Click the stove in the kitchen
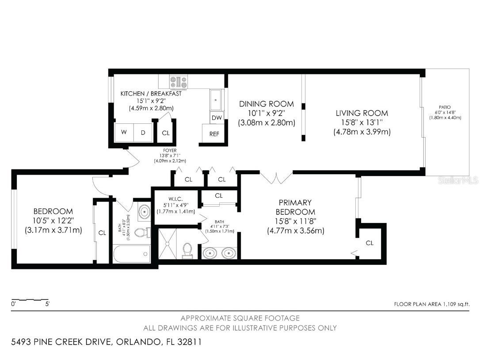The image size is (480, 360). pos(179,82)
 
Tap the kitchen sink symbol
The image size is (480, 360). pos(216,100)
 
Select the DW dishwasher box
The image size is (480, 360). pos(217,118)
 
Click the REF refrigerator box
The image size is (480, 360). pos(214,134)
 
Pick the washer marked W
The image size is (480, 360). pos(124,133)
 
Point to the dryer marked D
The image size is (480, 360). pos(143,133)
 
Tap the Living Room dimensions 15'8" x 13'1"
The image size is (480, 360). pos(362,123)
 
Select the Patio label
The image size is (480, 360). pos(445,107)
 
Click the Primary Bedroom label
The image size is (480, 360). pos(295,207)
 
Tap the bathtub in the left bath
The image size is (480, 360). pos(132,254)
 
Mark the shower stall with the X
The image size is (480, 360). pos(168,244)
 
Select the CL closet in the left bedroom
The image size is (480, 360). pos(102,233)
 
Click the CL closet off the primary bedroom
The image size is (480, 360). pos(370,243)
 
